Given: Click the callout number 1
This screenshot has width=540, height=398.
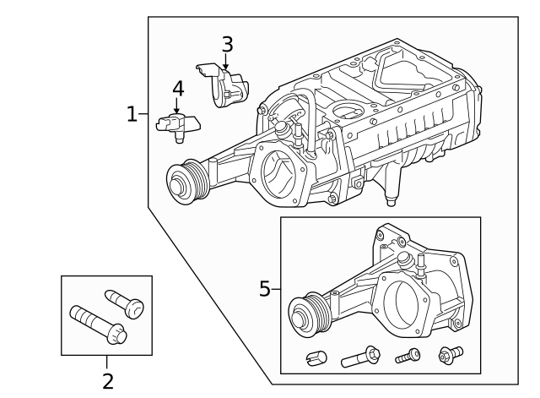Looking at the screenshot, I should tap(131, 114).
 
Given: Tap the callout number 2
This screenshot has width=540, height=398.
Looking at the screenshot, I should tap(107, 381).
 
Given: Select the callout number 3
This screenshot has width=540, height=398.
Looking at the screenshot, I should tap(227, 44).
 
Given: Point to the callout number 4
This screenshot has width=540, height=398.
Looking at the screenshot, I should tap(177, 88).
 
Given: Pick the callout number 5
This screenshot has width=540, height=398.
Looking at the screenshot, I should tap(264, 289).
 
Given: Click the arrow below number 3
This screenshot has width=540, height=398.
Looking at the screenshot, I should tap(226, 62).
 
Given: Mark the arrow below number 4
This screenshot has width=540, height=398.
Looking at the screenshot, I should tap(177, 106).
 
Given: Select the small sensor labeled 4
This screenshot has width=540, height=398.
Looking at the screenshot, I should tap(176, 126).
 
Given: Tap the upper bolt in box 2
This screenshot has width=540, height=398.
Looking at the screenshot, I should tap(124, 303).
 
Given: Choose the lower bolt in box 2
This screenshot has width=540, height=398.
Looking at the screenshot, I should tap(97, 324).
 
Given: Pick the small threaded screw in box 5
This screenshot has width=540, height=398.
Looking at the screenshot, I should tap(408, 357).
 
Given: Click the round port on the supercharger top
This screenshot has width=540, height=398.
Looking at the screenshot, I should tap(346, 109).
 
